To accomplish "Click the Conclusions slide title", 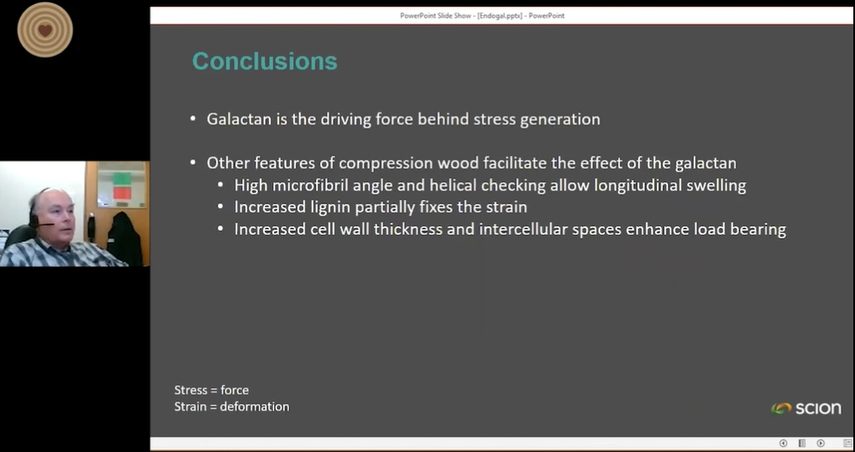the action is coord(265,61).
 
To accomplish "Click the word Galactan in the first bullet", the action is coord(239,119).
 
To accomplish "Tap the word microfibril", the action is coord(310,185).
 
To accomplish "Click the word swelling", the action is coord(716,186).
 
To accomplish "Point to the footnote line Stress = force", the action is coord(212,390).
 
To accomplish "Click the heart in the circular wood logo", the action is coord(45,30).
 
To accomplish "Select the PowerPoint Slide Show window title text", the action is coord(483,16).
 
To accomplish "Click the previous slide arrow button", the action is coord(783,444).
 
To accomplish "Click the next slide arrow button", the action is coord(821,444).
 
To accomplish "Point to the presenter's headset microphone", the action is coord(44,224).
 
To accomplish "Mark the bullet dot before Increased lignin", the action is coord(220,207).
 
